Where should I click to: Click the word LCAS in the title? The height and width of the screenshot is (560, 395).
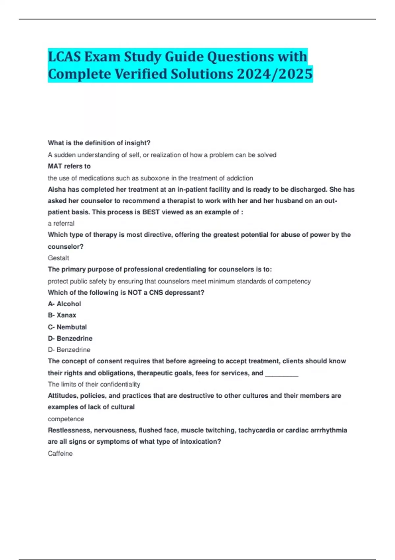coord(64,57)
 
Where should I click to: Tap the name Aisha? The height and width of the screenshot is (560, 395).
coord(57,190)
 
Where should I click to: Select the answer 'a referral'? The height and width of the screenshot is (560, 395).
coord(61,223)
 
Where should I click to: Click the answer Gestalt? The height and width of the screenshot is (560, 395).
coord(58,258)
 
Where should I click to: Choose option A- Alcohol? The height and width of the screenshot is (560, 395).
coord(64,304)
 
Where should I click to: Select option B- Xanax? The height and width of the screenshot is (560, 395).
coord(62,315)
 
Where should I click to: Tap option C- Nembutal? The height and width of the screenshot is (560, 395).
coord(67,327)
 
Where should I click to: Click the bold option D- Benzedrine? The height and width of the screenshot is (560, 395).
coord(70,338)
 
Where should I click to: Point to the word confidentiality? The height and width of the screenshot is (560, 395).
coord(120,384)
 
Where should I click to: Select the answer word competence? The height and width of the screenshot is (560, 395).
coord(66,419)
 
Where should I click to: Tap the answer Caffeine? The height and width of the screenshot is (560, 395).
coord(60,454)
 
